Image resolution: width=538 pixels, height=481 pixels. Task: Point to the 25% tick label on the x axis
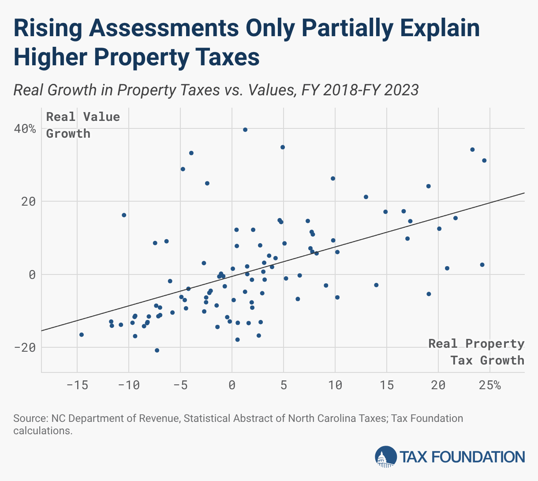click(490, 385)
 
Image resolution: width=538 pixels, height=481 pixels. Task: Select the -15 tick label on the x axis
click(77, 385)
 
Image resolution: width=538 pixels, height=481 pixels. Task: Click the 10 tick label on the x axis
click(335, 385)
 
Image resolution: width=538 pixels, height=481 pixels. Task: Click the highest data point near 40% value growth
click(245, 130)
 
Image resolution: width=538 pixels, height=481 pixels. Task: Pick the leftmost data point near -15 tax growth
click(82, 334)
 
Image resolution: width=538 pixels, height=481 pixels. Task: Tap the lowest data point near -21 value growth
click(157, 350)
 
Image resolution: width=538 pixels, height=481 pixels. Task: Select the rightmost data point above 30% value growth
click(484, 161)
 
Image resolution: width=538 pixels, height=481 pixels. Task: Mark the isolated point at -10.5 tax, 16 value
click(124, 215)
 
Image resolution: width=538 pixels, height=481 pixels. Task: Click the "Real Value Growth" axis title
click(83, 125)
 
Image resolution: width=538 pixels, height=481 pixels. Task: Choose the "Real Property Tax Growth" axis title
click(476, 352)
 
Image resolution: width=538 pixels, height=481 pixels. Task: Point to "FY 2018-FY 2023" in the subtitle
click(360, 90)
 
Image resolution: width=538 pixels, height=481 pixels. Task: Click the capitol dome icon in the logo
click(385, 457)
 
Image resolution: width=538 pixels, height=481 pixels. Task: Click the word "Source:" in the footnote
click(30, 418)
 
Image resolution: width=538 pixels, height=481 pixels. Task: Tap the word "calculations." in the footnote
click(43, 431)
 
